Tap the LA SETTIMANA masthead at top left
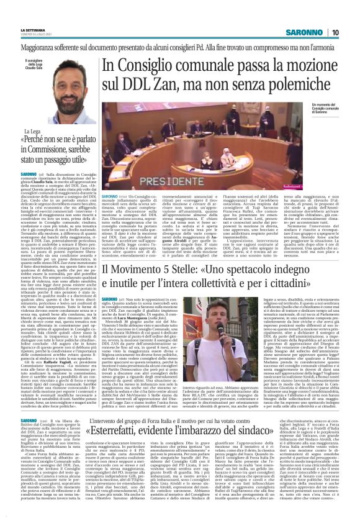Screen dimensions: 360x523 pyautogui.click(x=34, y=30)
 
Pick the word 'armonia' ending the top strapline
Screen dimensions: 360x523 pyautogui.click(x=326, y=46)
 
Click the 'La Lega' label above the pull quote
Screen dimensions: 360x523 pyautogui.click(x=32, y=132)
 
